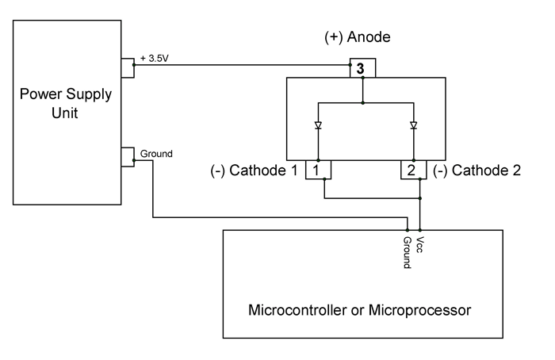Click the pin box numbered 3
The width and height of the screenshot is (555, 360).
[x=362, y=68]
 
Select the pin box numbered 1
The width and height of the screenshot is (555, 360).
[x=317, y=169]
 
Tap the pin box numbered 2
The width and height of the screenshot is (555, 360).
[x=412, y=169]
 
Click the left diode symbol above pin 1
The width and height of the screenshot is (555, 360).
[x=317, y=125]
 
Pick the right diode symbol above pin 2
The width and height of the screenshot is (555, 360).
[x=413, y=125]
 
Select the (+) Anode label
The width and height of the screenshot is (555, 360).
[x=358, y=37]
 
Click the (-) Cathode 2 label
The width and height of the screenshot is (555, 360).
[x=477, y=170]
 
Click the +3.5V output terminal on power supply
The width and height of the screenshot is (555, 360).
[x=128, y=67]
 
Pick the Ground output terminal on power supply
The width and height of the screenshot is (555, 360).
[x=128, y=157]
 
